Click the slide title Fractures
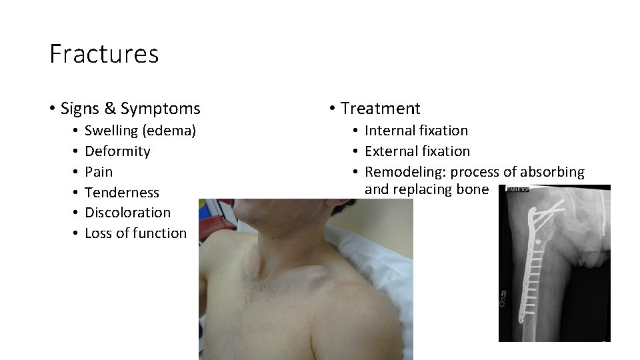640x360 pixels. [104, 54]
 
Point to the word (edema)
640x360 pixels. [171, 131]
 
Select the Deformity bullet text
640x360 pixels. [118, 151]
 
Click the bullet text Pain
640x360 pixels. [99, 172]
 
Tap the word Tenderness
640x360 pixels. [123, 193]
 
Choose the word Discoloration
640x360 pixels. [128, 213]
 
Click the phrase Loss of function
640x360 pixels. [136, 233]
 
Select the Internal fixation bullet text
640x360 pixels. [417, 131]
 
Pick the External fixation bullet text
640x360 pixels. [417, 151]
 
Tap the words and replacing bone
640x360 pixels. [427, 189]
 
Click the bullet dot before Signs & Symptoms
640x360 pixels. [52, 109]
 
